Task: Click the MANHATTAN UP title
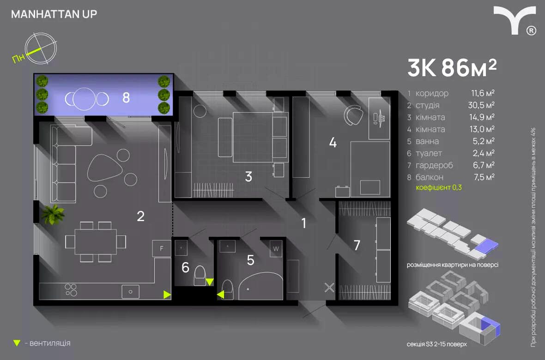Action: (x=54, y=14)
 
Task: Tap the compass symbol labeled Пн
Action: (x=41, y=48)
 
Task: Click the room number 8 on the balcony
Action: (x=126, y=98)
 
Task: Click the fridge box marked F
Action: (x=162, y=248)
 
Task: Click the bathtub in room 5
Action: (x=260, y=286)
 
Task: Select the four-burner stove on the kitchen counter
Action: (x=71, y=290)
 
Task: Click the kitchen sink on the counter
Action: (x=130, y=292)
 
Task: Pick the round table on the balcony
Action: (x=84, y=99)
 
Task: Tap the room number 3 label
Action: (x=248, y=176)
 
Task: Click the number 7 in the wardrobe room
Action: (x=357, y=245)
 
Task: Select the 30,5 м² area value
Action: (x=481, y=105)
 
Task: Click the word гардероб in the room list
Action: (x=434, y=165)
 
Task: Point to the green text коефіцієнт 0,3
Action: (x=439, y=188)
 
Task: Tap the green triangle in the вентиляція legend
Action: (x=17, y=343)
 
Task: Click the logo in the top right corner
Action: (x=515, y=20)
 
